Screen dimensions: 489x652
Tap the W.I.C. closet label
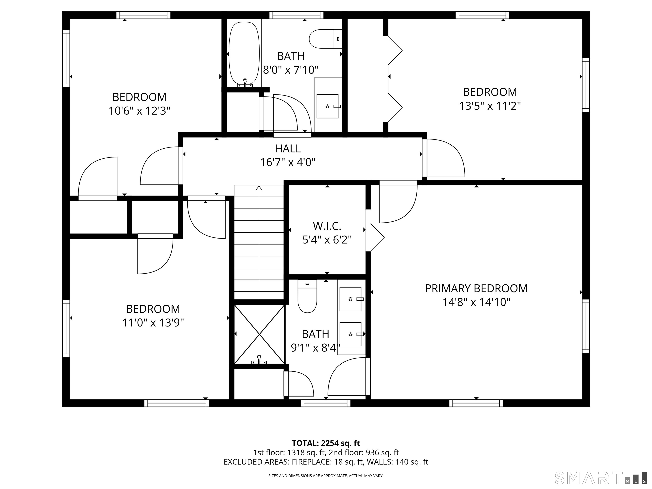(327, 226)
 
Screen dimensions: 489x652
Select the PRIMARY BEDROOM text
(476, 288)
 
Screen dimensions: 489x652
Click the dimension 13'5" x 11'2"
(490, 106)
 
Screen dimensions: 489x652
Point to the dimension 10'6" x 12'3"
(139, 111)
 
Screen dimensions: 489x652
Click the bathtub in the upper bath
(244, 53)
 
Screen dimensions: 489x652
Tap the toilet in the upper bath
(324, 39)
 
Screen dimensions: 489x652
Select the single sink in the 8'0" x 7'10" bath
(327, 106)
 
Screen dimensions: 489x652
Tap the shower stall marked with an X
(259, 334)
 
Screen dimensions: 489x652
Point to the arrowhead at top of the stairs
(259, 188)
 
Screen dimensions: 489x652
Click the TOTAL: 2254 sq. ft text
(326, 443)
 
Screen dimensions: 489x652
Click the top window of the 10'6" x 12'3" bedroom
(143, 15)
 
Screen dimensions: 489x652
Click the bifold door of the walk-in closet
(376, 237)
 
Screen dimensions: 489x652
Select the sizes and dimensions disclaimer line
(326, 475)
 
